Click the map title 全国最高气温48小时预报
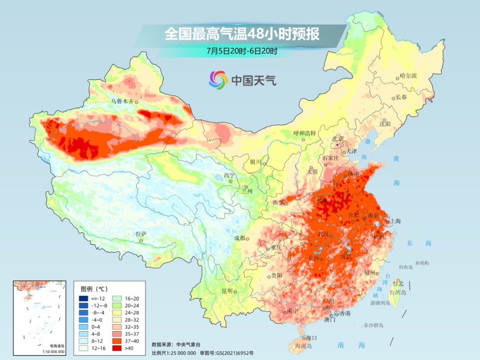[x=242, y=34]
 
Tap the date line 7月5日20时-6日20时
[x=242, y=51]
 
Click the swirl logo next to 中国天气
[x=218, y=80]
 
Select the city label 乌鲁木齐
[x=122, y=101]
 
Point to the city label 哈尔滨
[x=408, y=76]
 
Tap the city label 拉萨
[x=141, y=234]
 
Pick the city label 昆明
[x=227, y=291]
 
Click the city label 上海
[x=395, y=221]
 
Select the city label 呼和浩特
[x=304, y=133]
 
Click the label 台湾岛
[x=398, y=292]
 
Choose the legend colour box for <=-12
[x=83, y=299]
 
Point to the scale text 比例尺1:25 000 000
[x=174, y=353]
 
